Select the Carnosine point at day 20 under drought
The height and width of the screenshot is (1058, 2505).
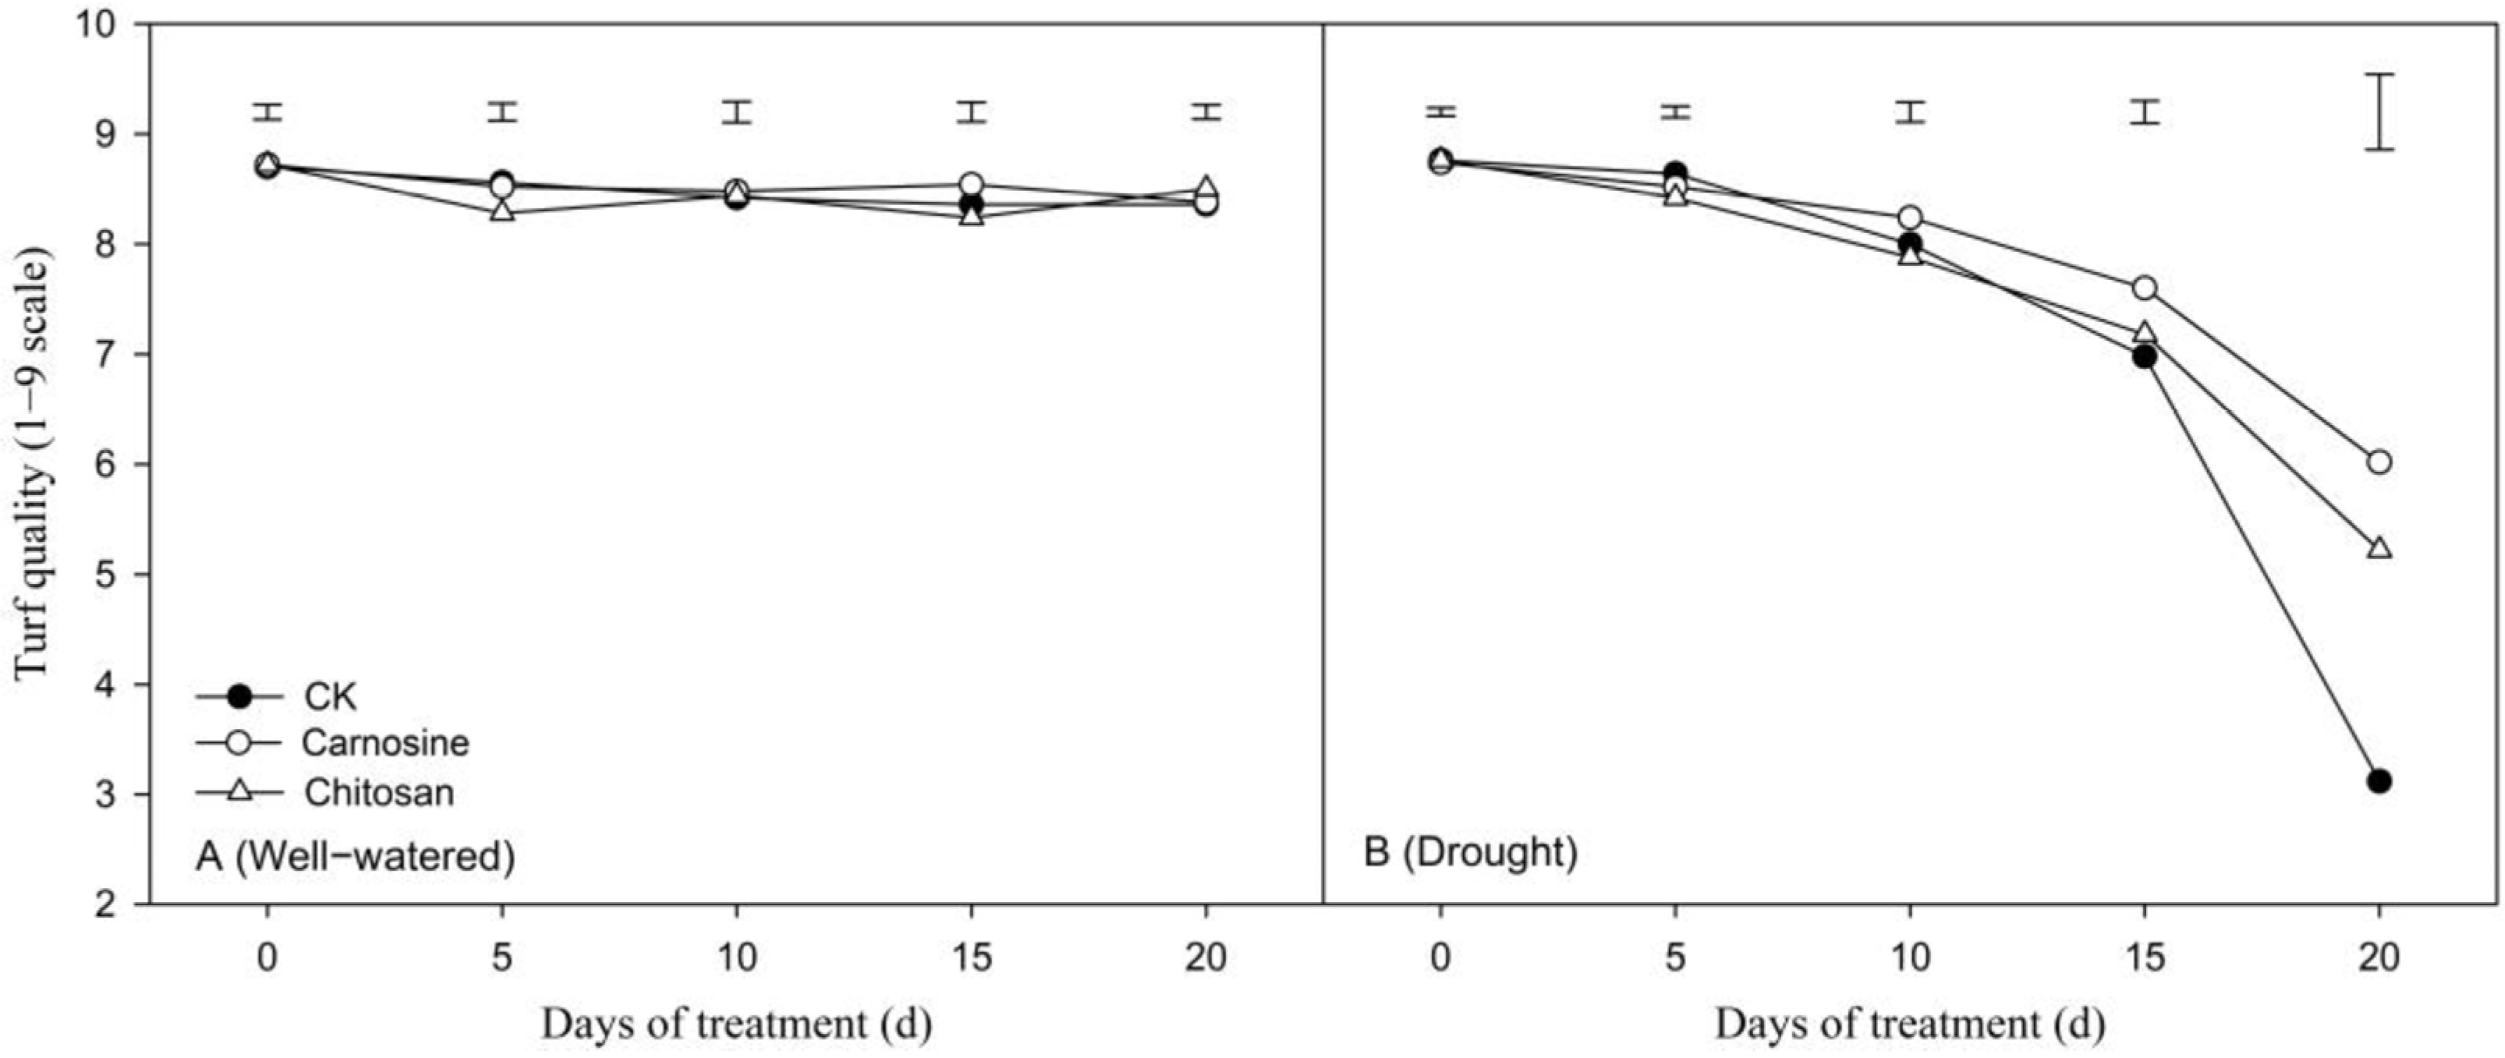point(2379,462)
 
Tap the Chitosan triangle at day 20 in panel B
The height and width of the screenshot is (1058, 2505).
point(2379,547)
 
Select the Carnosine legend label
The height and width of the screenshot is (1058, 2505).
point(385,743)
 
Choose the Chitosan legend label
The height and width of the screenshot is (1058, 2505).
point(378,793)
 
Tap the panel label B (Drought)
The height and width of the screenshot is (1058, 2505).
point(1470,852)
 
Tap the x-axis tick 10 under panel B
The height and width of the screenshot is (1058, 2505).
point(1910,958)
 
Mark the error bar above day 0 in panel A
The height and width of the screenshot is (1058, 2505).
point(268,111)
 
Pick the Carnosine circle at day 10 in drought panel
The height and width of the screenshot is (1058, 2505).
point(1910,217)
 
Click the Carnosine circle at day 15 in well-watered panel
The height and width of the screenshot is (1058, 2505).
point(970,184)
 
